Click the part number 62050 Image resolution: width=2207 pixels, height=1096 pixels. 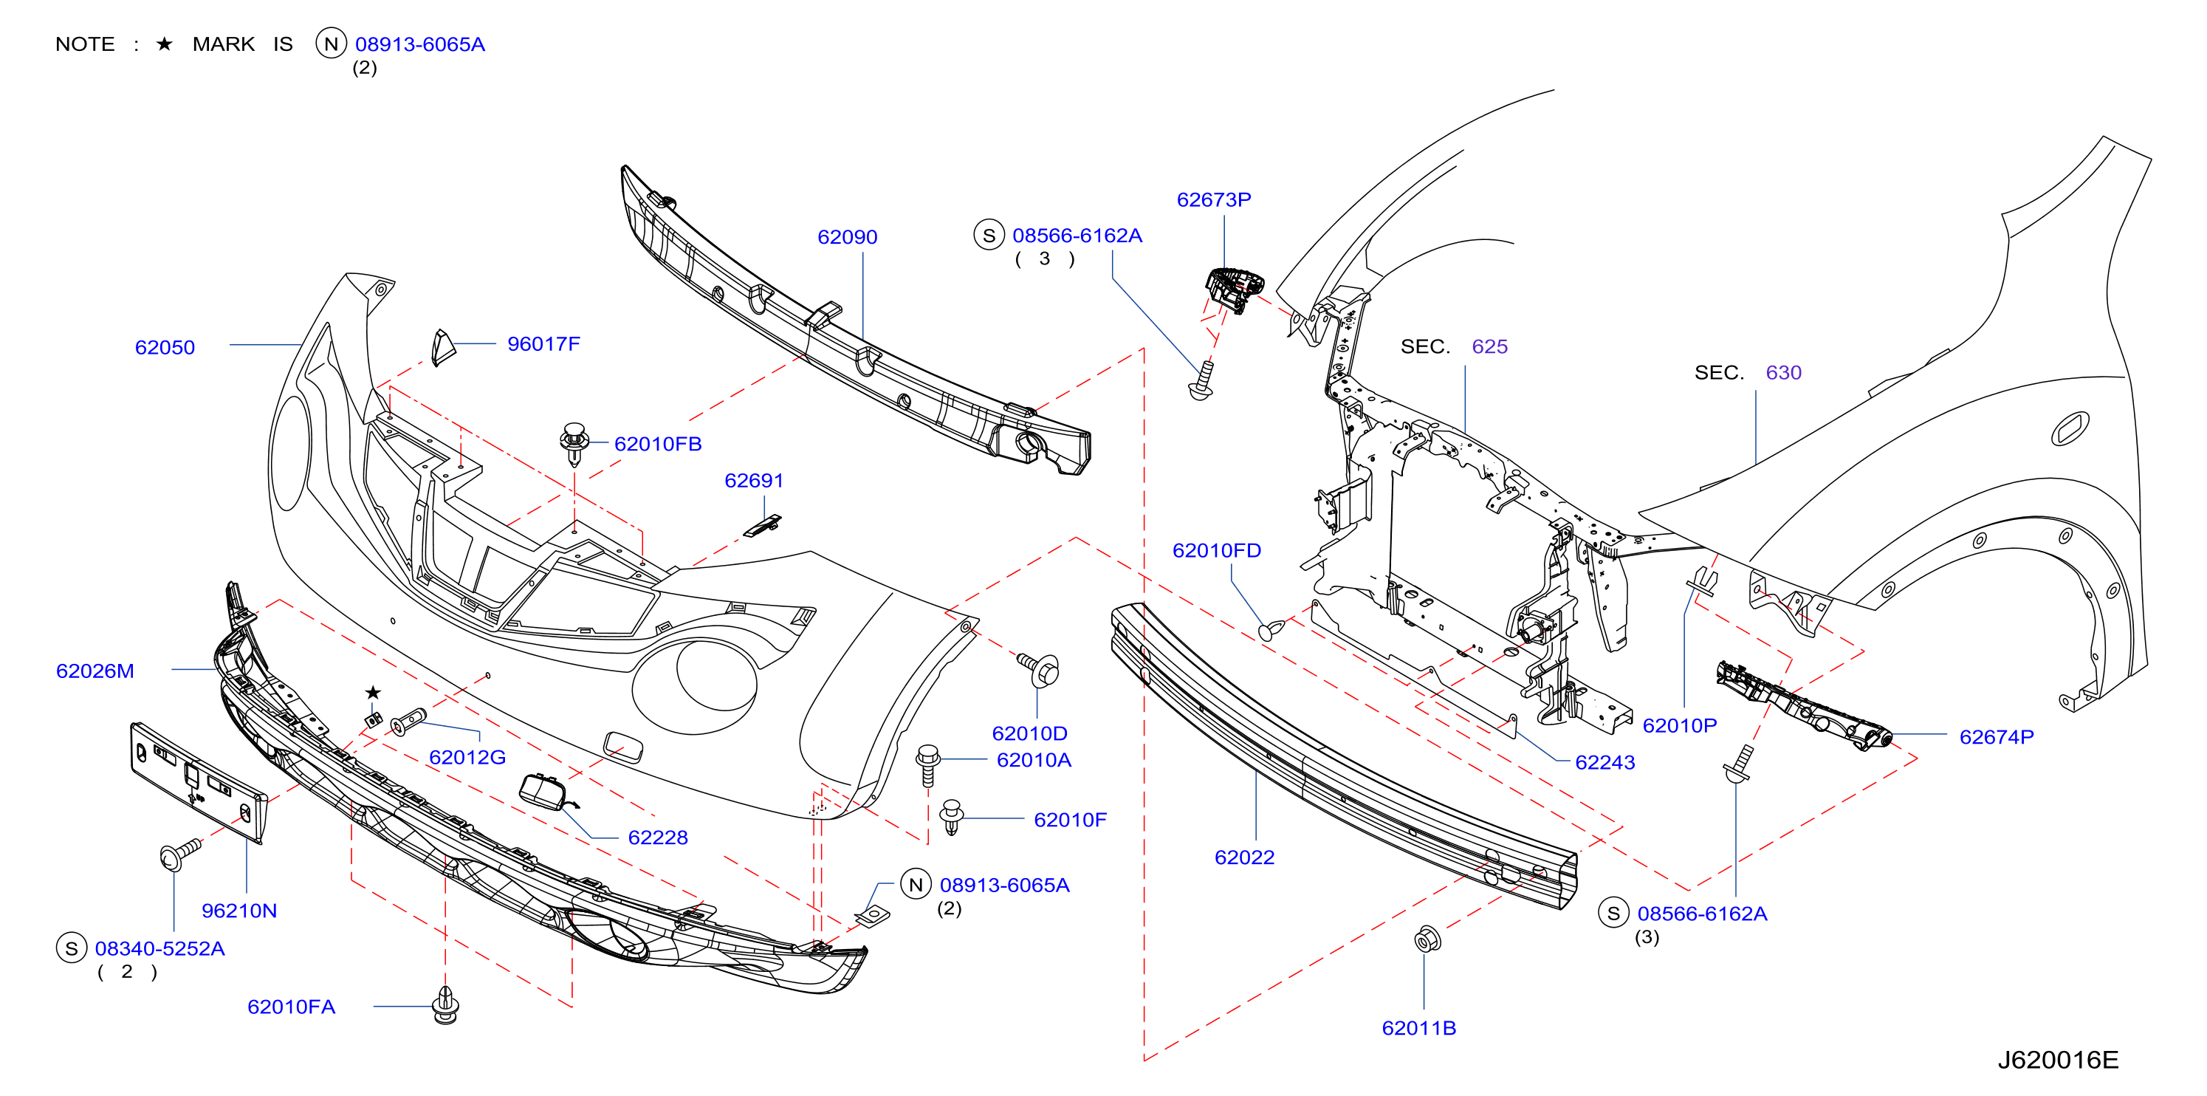point(165,347)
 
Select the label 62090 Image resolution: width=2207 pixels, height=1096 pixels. point(848,236)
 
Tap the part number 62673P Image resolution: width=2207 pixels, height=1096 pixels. point(1213,199)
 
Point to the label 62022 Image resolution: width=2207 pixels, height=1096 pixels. point(1244,857)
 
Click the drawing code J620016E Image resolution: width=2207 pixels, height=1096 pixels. point(2058,1060)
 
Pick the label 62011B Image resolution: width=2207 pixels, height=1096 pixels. point(1419,1027)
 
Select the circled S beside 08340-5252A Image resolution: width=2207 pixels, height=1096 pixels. point(71,948)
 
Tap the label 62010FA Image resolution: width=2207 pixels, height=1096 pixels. point(292,1007)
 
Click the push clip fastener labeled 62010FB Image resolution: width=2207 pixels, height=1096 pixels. point(574,442)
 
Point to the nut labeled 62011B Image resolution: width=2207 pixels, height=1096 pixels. point(1427,939)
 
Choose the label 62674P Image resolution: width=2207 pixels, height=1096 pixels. point(1997,737)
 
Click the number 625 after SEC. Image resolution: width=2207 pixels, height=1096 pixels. point(1489,346)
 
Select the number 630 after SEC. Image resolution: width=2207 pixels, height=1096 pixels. point(1783,372)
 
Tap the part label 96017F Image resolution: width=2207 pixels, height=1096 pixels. point(543,343)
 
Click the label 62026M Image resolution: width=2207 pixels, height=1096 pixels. point(95,671)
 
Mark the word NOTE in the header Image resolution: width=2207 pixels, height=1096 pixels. point(85,44)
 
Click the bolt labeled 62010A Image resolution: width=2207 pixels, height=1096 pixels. point(928,765)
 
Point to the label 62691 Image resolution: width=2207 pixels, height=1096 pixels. point(754,481)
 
